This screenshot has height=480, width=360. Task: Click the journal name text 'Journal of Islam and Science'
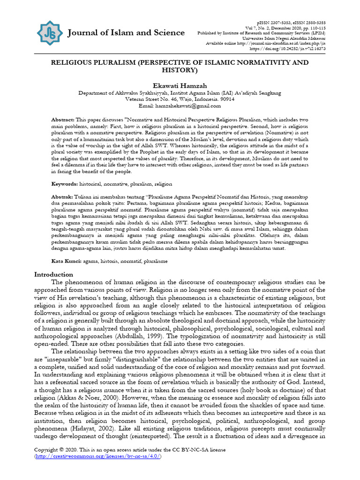pos(126,32)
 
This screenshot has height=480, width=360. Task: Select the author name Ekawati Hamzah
pos(180,85)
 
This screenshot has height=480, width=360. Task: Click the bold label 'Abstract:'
pos(63,120)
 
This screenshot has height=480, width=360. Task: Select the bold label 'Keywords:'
pos(65,184)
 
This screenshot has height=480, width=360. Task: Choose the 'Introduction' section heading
pos(54,274)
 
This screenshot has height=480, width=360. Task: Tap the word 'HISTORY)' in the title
pos(180,70)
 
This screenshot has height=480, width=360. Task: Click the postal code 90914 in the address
pos(225,99)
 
